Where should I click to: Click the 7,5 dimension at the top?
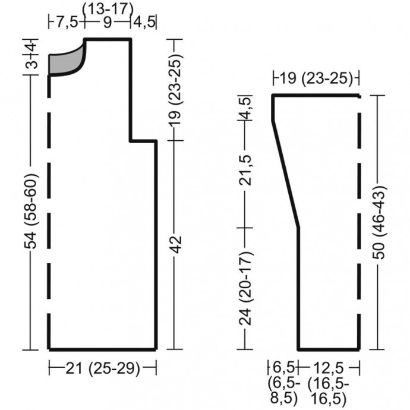[x=67, y=23]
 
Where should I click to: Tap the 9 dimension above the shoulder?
[x=108, y=23]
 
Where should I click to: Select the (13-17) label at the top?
[x=108, y=10]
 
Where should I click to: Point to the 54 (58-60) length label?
[x=31, y=211]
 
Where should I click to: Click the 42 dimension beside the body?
[x=176, y=244]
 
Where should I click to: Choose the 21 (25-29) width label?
[x=102, y=368]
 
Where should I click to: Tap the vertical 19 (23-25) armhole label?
[x=176, y=90]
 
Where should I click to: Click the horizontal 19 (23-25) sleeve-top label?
[x=316, y=78]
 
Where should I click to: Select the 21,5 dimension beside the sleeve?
[x=246, y=170]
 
